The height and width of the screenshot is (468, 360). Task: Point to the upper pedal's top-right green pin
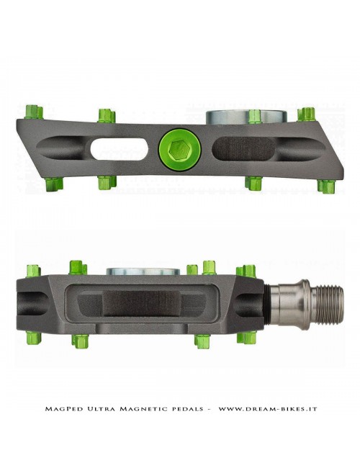click(307, 114)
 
